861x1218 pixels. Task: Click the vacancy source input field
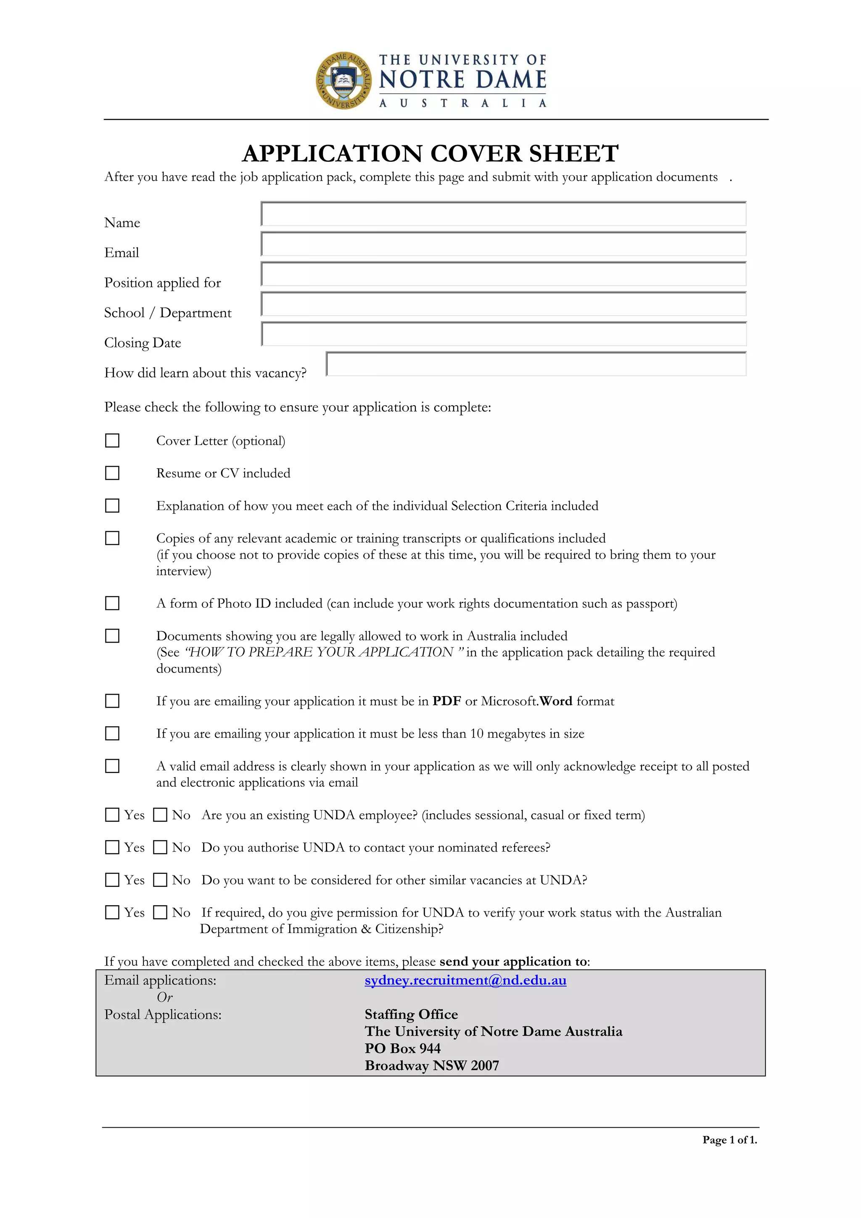(x=536, y=364)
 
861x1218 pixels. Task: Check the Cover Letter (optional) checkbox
(x=112, y=440)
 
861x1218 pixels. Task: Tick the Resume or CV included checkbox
(x=112, y=473)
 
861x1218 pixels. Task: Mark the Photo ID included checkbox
(x=112, y=603)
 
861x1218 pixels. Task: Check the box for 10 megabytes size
(x=112, y=733)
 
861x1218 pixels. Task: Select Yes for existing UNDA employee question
(x=112, y=815)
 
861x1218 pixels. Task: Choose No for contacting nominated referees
(x=160, y=847)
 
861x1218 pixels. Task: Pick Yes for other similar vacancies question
(x=112, y=880)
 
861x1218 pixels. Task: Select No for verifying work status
(x=160, y=912)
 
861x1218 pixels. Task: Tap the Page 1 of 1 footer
(x=729, y=1139)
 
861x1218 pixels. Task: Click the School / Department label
(x=168, y=313)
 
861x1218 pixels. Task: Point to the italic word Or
(x=164, y=997)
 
